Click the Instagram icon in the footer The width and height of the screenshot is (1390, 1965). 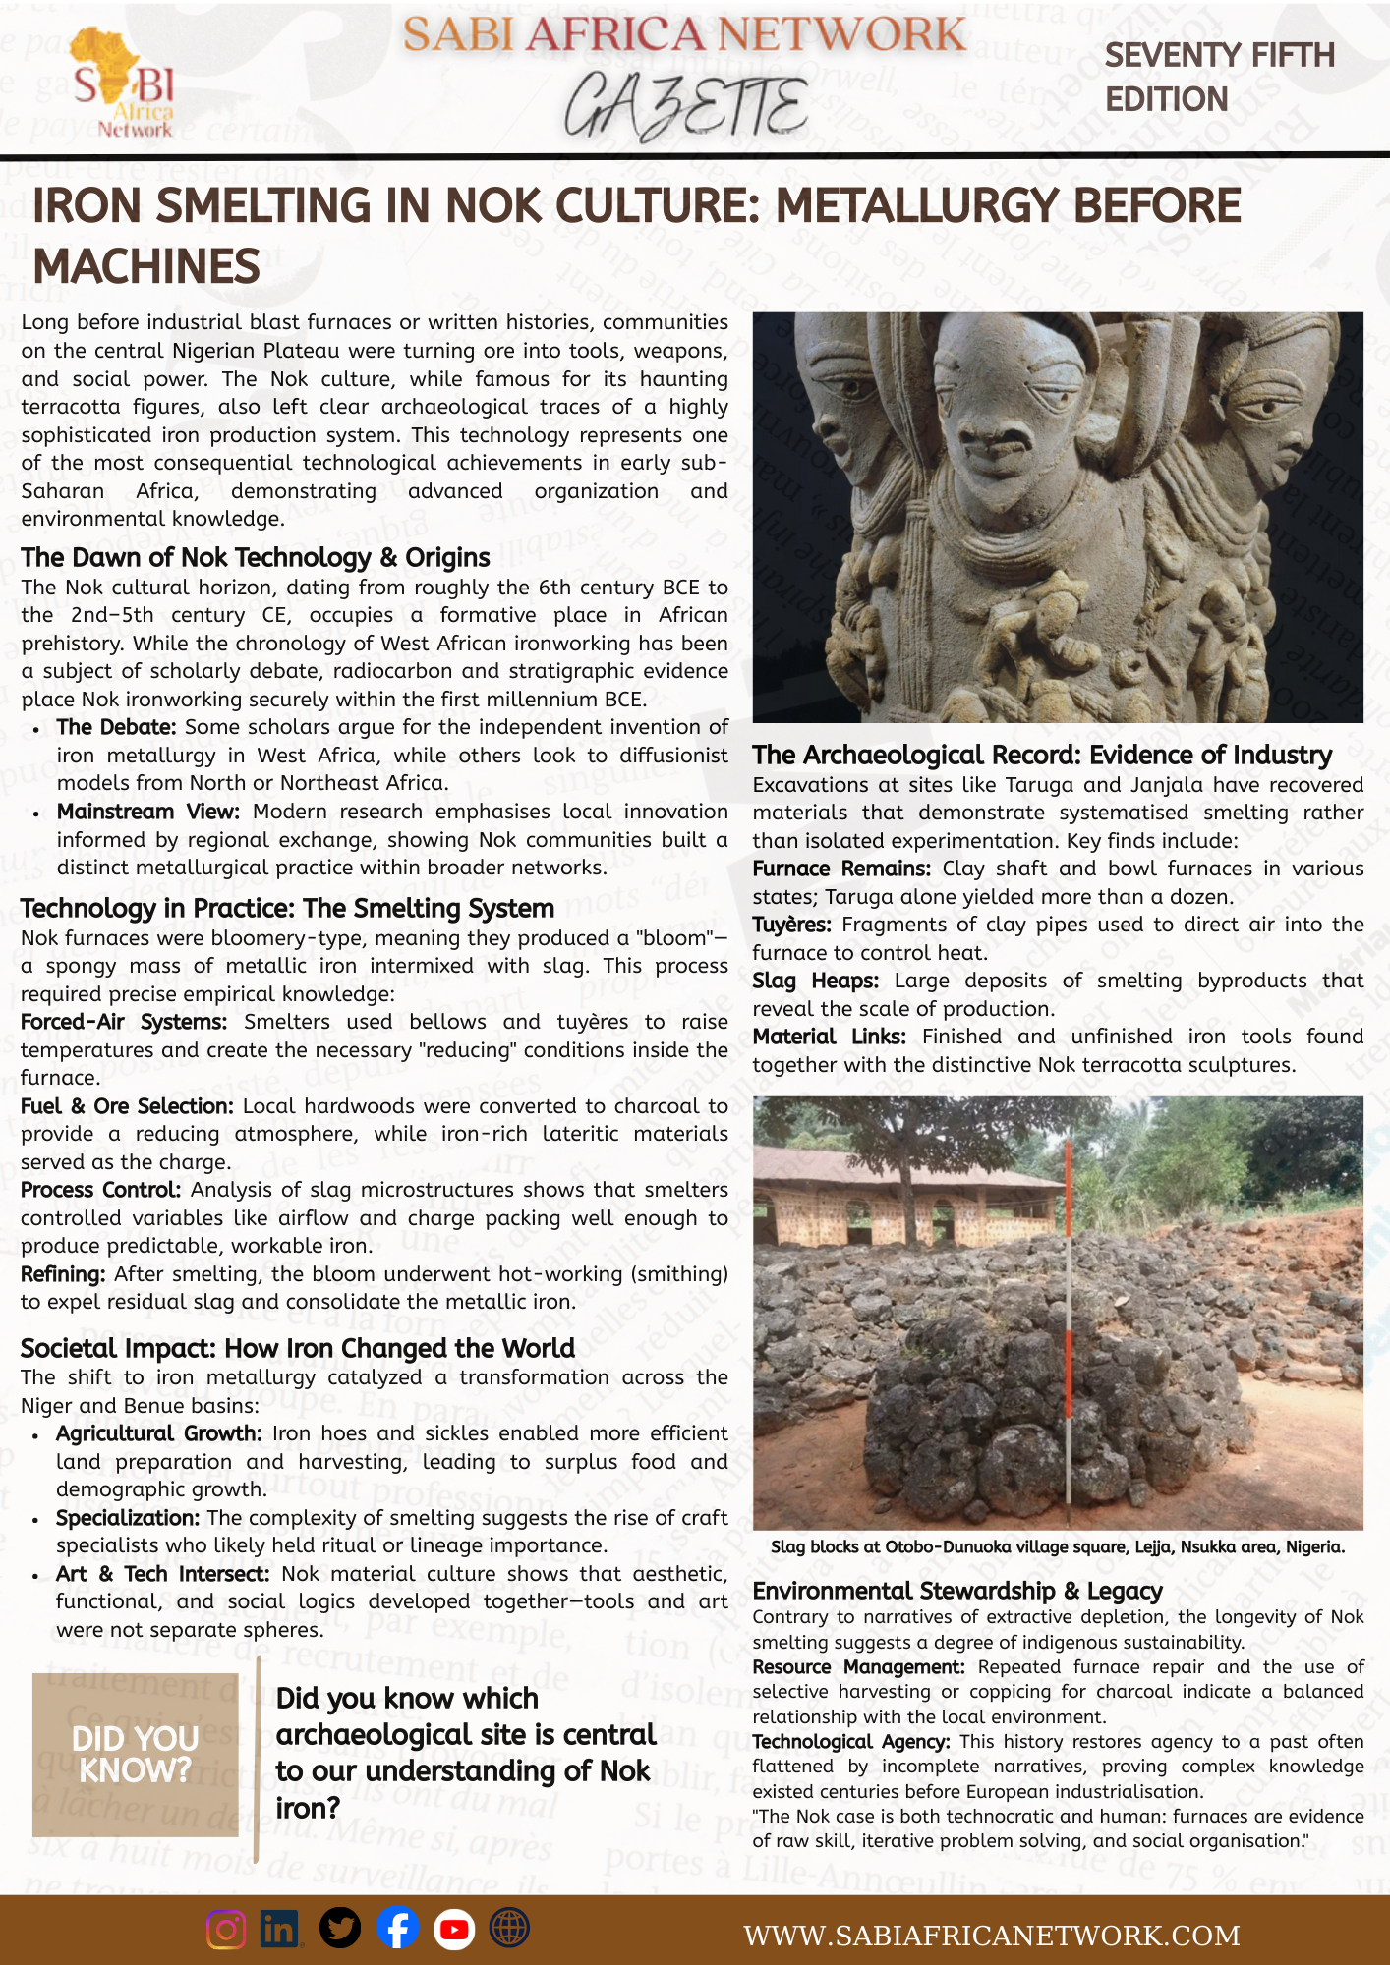click(x=226, y=1930)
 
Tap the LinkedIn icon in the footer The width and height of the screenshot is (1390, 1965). click(x=280, y=1930)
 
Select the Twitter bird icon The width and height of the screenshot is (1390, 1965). click(x=340, y=1929)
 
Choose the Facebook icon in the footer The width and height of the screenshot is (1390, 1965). click(x=397, y=1929)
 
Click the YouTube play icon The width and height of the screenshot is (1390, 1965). click(x=453, y=1929)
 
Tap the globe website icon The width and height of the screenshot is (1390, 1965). click(x=509, y=1929)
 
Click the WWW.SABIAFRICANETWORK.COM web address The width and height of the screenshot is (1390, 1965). click(x=991, y=1936)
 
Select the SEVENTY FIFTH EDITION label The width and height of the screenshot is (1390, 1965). click(x=1219, y=78)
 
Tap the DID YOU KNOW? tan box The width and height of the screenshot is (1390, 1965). click(x=136, y=1755)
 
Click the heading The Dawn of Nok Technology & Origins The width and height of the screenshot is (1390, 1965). click(x=256, y=558)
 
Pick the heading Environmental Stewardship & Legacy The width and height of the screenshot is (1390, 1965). click(x=956, y=1591)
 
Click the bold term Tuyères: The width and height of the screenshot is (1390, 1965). click(x=791, y=925)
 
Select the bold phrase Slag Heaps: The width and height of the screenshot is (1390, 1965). click(x=815, y=981)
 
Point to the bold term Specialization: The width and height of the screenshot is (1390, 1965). click(x=128, y=1518)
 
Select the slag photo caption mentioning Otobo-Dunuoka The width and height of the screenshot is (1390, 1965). click(x=1057, y=1547)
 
